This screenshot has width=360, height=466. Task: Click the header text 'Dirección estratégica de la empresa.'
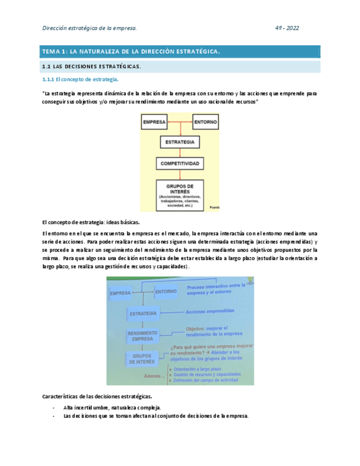[90, 28]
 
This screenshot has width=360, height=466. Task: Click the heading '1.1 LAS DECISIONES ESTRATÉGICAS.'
[92, 66]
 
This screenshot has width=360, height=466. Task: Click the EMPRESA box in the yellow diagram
[154, 121]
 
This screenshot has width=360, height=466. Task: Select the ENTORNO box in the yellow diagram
[205, 121]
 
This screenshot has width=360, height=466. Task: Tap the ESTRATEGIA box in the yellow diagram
[179, 142]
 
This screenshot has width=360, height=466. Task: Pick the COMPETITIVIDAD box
[180, 164]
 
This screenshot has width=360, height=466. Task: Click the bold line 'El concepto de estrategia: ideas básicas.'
[91, 223]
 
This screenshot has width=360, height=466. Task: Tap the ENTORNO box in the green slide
[165, 292]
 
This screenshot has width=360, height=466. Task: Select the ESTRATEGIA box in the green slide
[142, 313]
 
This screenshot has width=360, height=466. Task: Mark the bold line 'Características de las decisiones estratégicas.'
[97, 396]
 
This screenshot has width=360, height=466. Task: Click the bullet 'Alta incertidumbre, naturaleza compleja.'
[112, 407]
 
